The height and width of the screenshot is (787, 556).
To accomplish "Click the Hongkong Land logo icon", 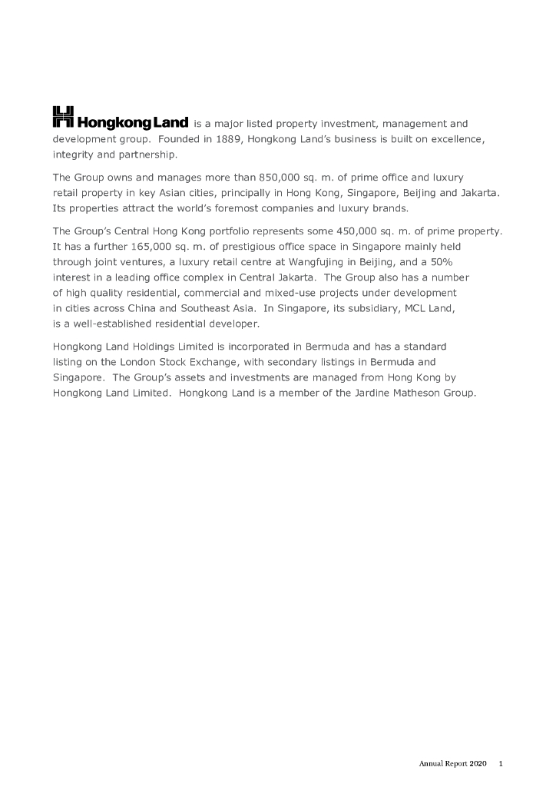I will coord(63,117).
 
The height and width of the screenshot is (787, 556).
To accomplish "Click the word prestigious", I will coord(188,246).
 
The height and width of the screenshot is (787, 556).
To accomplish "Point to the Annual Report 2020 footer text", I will coord(452,764).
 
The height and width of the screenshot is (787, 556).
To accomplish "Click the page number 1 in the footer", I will coord(501,764).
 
